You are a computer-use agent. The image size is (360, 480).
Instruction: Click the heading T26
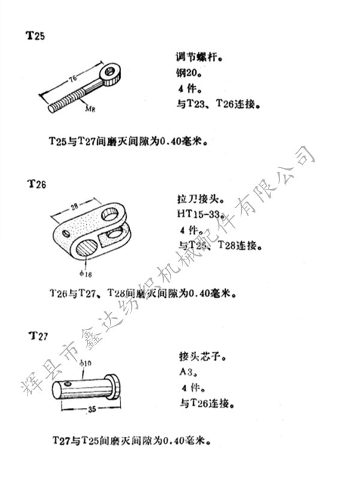point(37,184)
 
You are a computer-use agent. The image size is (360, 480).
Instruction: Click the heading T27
point(37,335)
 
